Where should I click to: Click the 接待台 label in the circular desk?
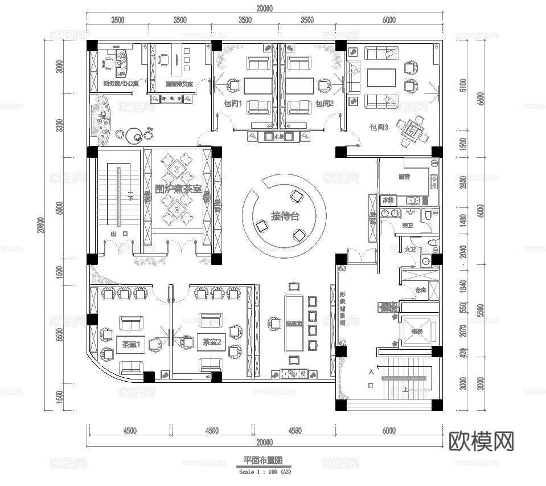click(x=284, y=216)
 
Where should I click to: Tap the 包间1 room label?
click(x=233, y=104)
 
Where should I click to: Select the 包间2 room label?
click(x=324, y=104)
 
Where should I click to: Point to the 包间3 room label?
click(x=379, y=128)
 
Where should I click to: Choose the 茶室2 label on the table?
click(x=211, y=342)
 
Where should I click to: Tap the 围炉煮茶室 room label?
click(x=178, y=188)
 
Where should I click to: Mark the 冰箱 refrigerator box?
click(x=388, y=201)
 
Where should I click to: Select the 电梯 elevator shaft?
click(x=417, y=331)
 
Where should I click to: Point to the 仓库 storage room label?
click(x=421, y=289)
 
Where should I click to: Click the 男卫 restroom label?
click(x=407, y=226)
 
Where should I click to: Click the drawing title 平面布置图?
click(x=264, y=460)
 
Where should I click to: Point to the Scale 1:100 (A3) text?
click(x=264, y=472)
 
